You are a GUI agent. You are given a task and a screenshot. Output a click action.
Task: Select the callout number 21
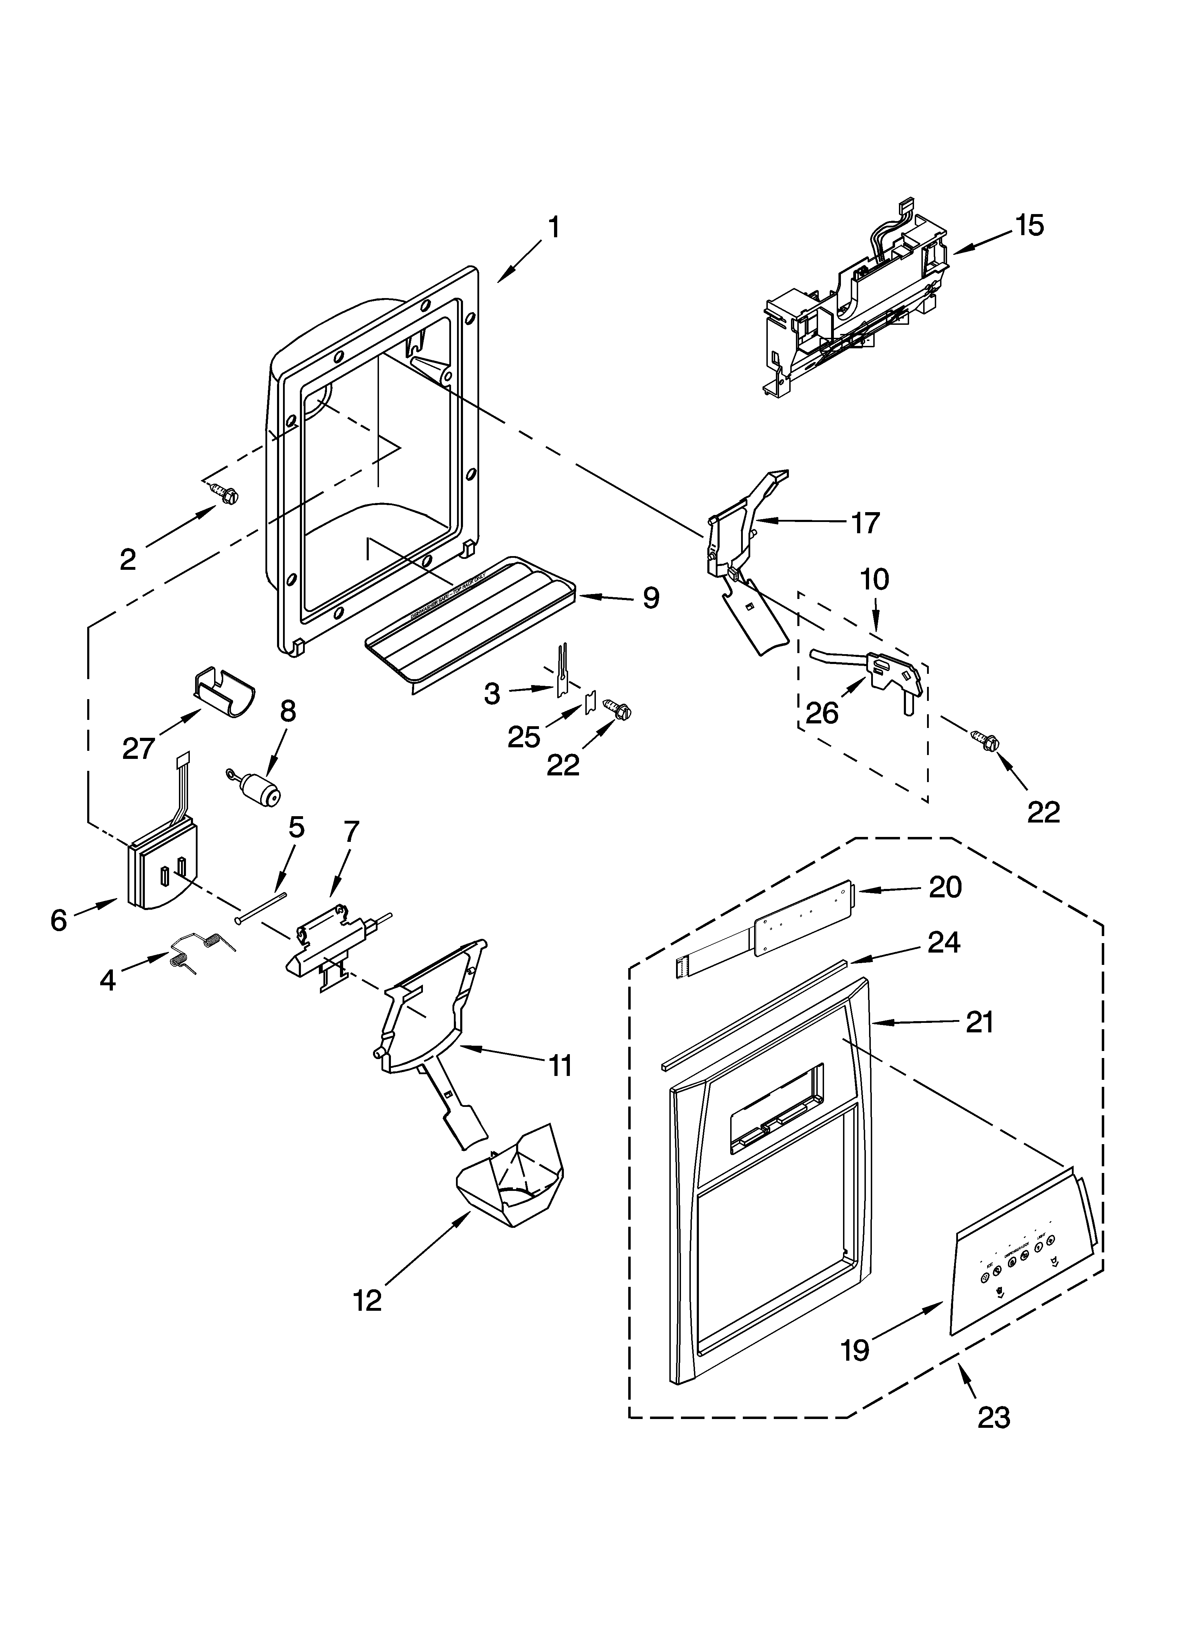click(979, 1023)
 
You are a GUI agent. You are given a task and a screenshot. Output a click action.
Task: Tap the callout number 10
click(875, 579)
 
